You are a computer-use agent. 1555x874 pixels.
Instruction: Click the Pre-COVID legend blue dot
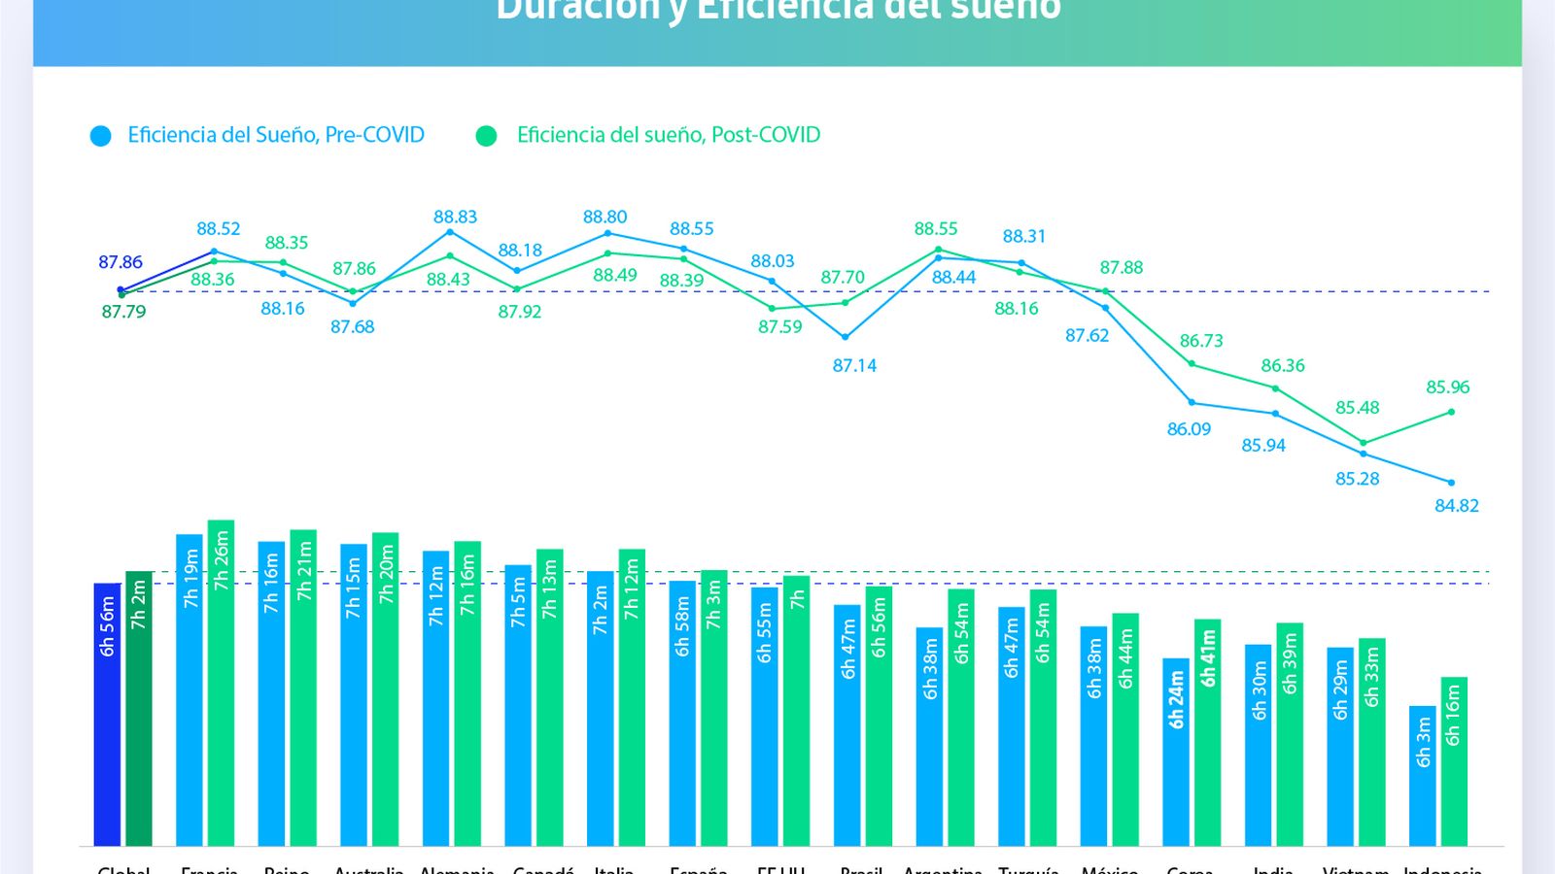point(100,136)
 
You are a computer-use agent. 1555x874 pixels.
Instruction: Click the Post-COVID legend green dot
point(486,136)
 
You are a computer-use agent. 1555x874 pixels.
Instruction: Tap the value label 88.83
point(455,217)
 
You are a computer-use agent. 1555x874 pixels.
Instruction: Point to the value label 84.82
point(1456,505)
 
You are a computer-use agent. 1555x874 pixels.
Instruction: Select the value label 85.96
point(1447,387)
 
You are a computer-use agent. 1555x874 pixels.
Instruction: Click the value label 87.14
point(854,365)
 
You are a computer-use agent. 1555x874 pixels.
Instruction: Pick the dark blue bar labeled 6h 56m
point(107,714)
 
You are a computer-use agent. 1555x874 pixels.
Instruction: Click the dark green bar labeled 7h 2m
point(139,709)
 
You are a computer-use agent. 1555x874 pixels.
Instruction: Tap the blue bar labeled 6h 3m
point(1422,775)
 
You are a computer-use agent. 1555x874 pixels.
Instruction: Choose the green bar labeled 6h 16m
point(1454,760)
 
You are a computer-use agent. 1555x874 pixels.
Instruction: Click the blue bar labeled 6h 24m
point(1176,752)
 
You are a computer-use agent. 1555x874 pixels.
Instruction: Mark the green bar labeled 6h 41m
point(1207,732)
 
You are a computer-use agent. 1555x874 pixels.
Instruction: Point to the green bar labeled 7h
point(796,710)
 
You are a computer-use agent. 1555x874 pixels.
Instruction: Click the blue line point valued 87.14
point(846,337)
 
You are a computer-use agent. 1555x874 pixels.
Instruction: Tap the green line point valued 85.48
point(1363,443)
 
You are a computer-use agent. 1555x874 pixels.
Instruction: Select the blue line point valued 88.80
point(607,233)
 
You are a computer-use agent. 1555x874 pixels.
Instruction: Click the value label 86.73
point(1201,341)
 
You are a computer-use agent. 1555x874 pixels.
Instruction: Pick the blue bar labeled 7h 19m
point(190,689)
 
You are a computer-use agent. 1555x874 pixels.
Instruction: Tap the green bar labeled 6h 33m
point(1371,742)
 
